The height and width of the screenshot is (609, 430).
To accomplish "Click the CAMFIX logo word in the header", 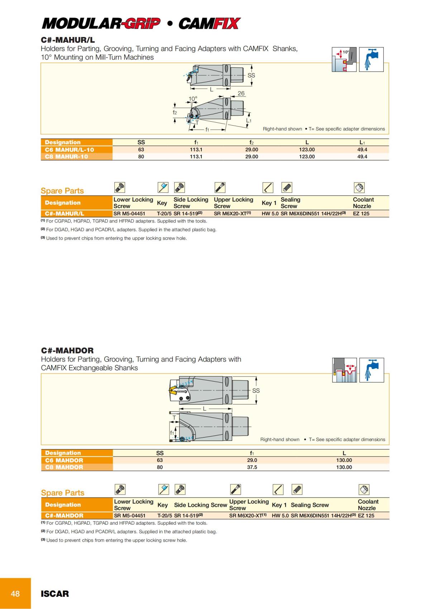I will coord(209,24).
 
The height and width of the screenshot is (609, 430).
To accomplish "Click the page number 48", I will coord(15,594).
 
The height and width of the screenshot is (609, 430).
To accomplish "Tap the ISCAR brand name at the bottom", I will coord(54,594).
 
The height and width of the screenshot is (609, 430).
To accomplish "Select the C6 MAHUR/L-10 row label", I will coord(70,150).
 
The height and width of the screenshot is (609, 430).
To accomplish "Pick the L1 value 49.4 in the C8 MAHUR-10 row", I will coord(362,156).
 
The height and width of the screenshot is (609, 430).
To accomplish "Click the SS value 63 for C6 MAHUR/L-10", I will coord(141,150).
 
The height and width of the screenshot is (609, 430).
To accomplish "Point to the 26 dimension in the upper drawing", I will coord(241,93).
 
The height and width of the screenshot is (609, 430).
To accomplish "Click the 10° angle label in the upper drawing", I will coord(193,99).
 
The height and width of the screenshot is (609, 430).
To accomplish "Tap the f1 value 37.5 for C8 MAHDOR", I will coord(252,467).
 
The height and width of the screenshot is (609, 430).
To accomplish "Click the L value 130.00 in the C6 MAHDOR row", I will coord(344,460).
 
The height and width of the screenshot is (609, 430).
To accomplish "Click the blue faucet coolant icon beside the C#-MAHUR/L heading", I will coord(371,59).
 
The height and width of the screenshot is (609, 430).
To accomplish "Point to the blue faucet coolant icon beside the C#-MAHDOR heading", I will coord(372,370).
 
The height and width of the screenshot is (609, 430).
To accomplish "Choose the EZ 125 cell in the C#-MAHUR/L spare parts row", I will coord(361,214).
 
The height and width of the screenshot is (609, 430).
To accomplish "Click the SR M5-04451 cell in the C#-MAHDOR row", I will coord(130,516).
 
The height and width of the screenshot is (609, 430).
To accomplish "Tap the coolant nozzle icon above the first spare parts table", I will coord(359,187).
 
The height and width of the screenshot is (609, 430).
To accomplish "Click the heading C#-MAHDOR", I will coord(67,350).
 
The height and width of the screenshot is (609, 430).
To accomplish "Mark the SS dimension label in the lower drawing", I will coord(256,390).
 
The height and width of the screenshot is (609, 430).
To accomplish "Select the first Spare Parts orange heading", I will coord(62,191).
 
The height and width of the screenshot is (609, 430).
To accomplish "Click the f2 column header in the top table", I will coord(252,142).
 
